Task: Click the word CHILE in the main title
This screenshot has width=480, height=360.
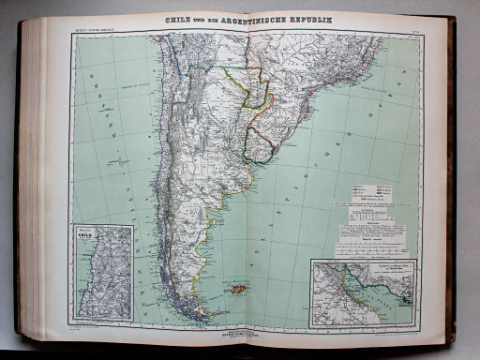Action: point(179,20)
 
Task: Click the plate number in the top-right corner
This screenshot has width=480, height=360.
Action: point(414,31)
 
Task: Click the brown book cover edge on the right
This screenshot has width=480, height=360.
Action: point(454,187)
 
